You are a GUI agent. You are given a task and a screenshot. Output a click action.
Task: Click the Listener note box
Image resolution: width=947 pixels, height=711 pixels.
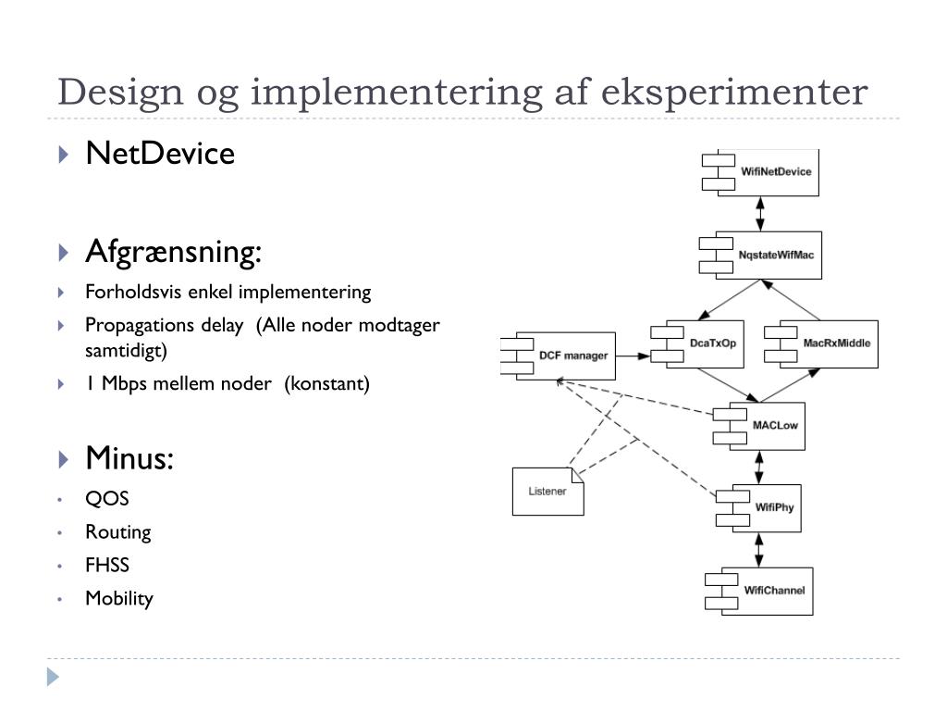coord(547,491)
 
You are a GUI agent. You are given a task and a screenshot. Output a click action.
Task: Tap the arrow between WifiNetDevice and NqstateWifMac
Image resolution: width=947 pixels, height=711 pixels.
coord(760,213)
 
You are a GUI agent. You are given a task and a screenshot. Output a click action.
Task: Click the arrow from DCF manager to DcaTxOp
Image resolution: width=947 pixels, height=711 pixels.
coord(633,355)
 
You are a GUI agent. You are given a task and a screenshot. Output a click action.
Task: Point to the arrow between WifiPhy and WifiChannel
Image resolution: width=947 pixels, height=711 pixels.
coord(760,549)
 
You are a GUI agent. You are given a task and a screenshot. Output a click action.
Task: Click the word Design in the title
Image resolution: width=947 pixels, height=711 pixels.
coord(118,94)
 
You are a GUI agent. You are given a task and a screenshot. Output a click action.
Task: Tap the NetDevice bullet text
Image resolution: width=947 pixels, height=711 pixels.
coord(160,153)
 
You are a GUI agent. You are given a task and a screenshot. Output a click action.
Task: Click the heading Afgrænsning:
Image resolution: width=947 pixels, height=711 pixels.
coord(174,251)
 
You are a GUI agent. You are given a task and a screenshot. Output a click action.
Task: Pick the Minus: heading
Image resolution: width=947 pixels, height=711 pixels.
coord(129,457)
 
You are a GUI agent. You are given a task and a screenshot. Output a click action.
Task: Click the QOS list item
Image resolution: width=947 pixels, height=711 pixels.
coord(107,499)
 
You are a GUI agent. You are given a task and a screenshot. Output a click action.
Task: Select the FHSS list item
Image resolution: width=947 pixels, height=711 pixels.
coord(107,565)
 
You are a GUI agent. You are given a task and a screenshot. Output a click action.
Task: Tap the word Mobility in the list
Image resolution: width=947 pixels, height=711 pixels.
coord(119,598)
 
